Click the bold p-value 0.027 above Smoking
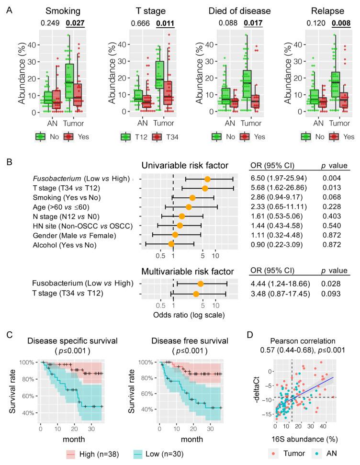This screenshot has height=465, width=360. tap(75, 23)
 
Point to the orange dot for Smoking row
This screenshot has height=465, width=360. tap(192, 197)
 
